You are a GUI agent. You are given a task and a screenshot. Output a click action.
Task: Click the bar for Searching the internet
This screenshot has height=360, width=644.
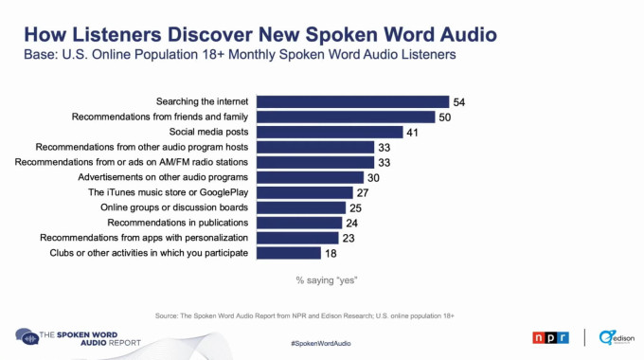click(352, 101)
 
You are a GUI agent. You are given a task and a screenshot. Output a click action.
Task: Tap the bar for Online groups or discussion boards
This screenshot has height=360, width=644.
click(301, 207)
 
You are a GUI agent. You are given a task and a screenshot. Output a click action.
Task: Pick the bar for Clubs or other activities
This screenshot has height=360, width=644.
click(289, 253)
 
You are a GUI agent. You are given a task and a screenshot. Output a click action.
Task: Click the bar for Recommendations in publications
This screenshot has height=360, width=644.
click(299, 223)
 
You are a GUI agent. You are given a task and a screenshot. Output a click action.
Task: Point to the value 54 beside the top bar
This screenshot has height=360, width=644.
click(460, 101)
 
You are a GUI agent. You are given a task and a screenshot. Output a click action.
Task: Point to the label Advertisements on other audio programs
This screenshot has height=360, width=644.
click(165, 177)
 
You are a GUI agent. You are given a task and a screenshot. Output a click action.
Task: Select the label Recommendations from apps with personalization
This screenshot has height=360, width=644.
click(144, 238)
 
